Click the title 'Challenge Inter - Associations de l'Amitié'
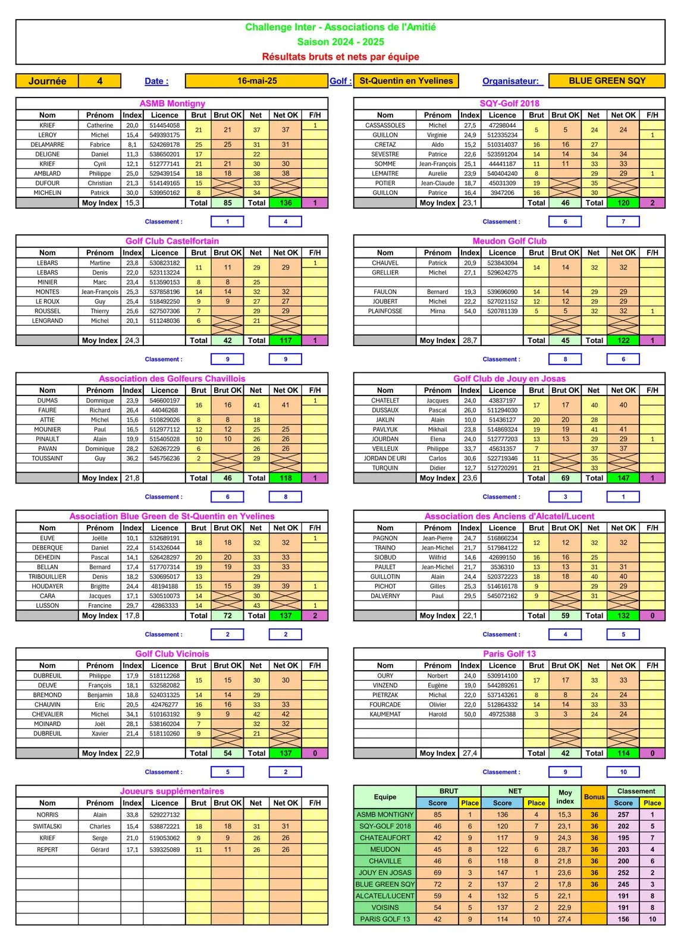click(340, 27)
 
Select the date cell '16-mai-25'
click(257, 81)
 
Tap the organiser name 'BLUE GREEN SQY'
click(607, 81)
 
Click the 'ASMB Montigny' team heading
click(172, 103)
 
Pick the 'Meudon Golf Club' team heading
click(509, 241)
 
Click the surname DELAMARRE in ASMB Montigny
click(48, 144)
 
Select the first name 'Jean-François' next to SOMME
click(437, 164)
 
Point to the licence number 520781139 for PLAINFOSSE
click(502, 311)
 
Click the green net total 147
click(623, 478)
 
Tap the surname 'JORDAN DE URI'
click(385, 458)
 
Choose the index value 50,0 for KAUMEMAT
click(470, 714)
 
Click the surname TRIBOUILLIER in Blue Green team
click(48, 577)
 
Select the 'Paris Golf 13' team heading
click(509, 653)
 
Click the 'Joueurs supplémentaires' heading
click(172, 791)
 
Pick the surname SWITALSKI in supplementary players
click(48, 827)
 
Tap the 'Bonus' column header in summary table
click(594, 797)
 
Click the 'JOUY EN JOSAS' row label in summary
click(385, 873)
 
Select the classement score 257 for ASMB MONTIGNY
click(623, 815)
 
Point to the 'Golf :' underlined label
click(340, 81)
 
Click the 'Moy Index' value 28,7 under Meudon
click(470, 341)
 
